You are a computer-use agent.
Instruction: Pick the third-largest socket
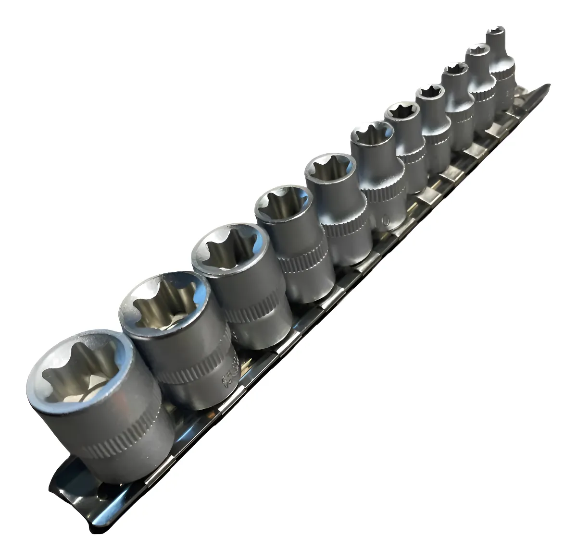tap(240, 283)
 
